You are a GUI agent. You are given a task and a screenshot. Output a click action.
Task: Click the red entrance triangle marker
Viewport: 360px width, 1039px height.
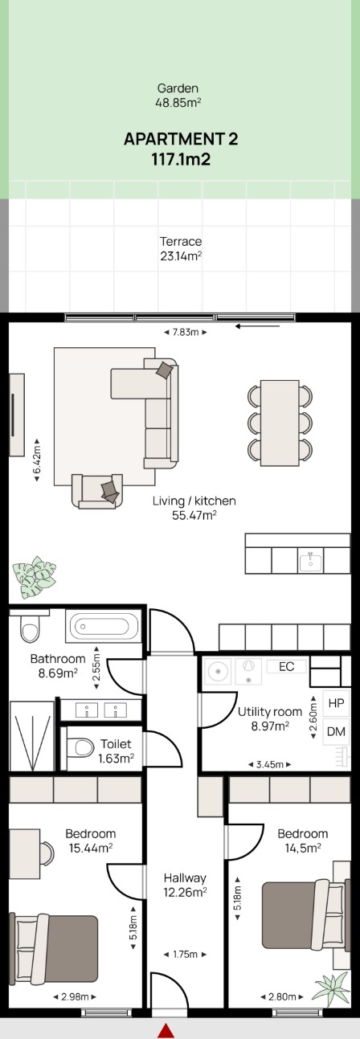pyautogui.click(x=166, y=1031)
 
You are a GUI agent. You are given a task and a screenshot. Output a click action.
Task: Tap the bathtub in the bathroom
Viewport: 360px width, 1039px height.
pyautogui.click(x=104, y=627)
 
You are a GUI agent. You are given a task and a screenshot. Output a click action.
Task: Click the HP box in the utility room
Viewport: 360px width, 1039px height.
pyautogui.click(x=336, y=703)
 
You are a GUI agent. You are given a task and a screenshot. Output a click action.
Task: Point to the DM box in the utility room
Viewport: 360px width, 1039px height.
pyautogui.click(x=336, y=732)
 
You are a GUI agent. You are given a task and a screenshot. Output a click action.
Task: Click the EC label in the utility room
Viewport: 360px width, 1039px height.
pyautogui.click(x=287, y=666)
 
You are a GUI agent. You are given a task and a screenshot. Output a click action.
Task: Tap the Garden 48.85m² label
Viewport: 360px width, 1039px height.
pyautogui.click(x=178, y=95)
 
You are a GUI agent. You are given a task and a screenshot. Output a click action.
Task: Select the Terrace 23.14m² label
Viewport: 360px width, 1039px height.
pyautogui.click(x=181, y=248)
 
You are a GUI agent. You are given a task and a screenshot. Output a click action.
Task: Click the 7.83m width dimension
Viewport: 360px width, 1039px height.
pyautogui.click(x=186, y=332)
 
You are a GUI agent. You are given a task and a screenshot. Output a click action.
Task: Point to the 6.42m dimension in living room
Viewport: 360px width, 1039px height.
pyautogui.click(x=37, y=460)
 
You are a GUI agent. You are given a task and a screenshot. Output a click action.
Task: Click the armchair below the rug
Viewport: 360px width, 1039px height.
pyautogui.click(x=97, y=491)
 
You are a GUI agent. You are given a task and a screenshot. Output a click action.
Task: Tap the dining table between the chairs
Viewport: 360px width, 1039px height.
pyautogui.click(x=280, y=423)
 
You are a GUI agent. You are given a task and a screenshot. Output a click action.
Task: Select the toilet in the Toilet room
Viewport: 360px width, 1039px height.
pyautogui.click(x=80, y=747)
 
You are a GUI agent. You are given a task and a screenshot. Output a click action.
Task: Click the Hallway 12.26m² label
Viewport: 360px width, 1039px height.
pyautogui.click(x=185, y=885)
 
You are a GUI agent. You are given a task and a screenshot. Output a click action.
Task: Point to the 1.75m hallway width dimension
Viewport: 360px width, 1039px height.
pyautogui.click(x=185, y=954)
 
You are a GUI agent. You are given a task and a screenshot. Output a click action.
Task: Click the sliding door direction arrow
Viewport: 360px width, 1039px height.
pyautogui.click(x=257, y=326)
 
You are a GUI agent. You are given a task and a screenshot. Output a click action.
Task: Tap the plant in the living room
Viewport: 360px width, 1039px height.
pyautogui.click(x=34, y=578)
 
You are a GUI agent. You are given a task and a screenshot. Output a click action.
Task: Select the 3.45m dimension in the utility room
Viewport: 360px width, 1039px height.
pyautogui.click(x=269, y=764)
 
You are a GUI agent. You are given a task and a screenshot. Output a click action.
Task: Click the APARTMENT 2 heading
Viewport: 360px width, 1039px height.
pyautogui.click(x=181, y=139)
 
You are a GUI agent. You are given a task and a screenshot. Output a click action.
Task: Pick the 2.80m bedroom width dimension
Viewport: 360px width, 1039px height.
pyautogui.click(x=282, y=996)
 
